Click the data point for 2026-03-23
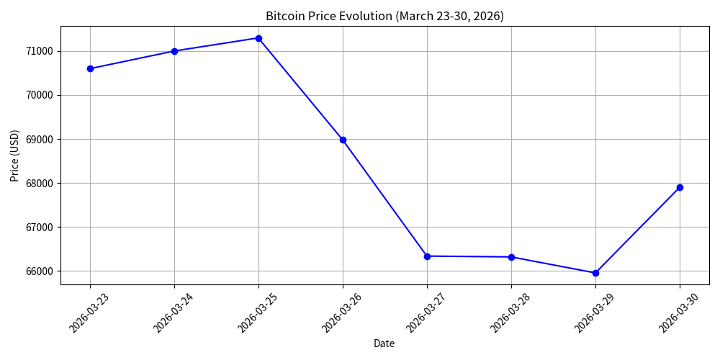(90, 68)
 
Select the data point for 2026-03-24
(174, 51)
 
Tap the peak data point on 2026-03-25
(258, 38)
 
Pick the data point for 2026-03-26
(343, 140)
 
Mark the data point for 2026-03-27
(427, 256)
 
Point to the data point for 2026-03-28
(511, 257)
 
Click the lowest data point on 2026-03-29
(595, 273)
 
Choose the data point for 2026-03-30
(680, 187)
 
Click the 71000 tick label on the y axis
(39, 51)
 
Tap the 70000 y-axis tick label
(39, 95)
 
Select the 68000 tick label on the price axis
(39, 183)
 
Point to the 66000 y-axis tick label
(39, 271)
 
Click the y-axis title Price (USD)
(14, 156)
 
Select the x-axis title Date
(384, 343)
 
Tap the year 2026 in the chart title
(490, 16)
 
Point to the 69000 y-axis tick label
(39, 139)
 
